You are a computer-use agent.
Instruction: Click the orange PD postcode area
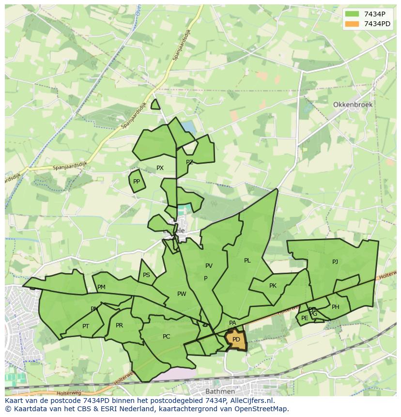tap(236, 340)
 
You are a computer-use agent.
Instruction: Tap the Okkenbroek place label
tap(351, 105)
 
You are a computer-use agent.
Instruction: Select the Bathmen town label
tap(220, 391)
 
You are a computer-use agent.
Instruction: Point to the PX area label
tap(160, 168)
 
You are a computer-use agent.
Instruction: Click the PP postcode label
tap(137, 182)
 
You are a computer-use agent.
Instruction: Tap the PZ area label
tap(189, 162)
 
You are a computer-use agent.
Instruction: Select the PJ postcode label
tap(335, 262)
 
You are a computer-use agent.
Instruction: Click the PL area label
tap(247, 261)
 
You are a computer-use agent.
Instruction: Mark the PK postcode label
tap(273, 286)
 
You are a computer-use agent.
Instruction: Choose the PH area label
tap(335, 307)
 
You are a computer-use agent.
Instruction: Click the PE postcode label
tap(305, 318)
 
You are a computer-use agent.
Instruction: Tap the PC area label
tap(166, 337)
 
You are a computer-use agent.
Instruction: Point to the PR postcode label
tap(119, 325)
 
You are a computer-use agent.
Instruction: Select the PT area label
tap(86, 326)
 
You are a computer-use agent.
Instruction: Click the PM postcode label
tap(101, 287)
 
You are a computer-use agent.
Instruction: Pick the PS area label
tap(146, 275)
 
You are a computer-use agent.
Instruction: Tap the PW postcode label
tap(182, 294)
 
